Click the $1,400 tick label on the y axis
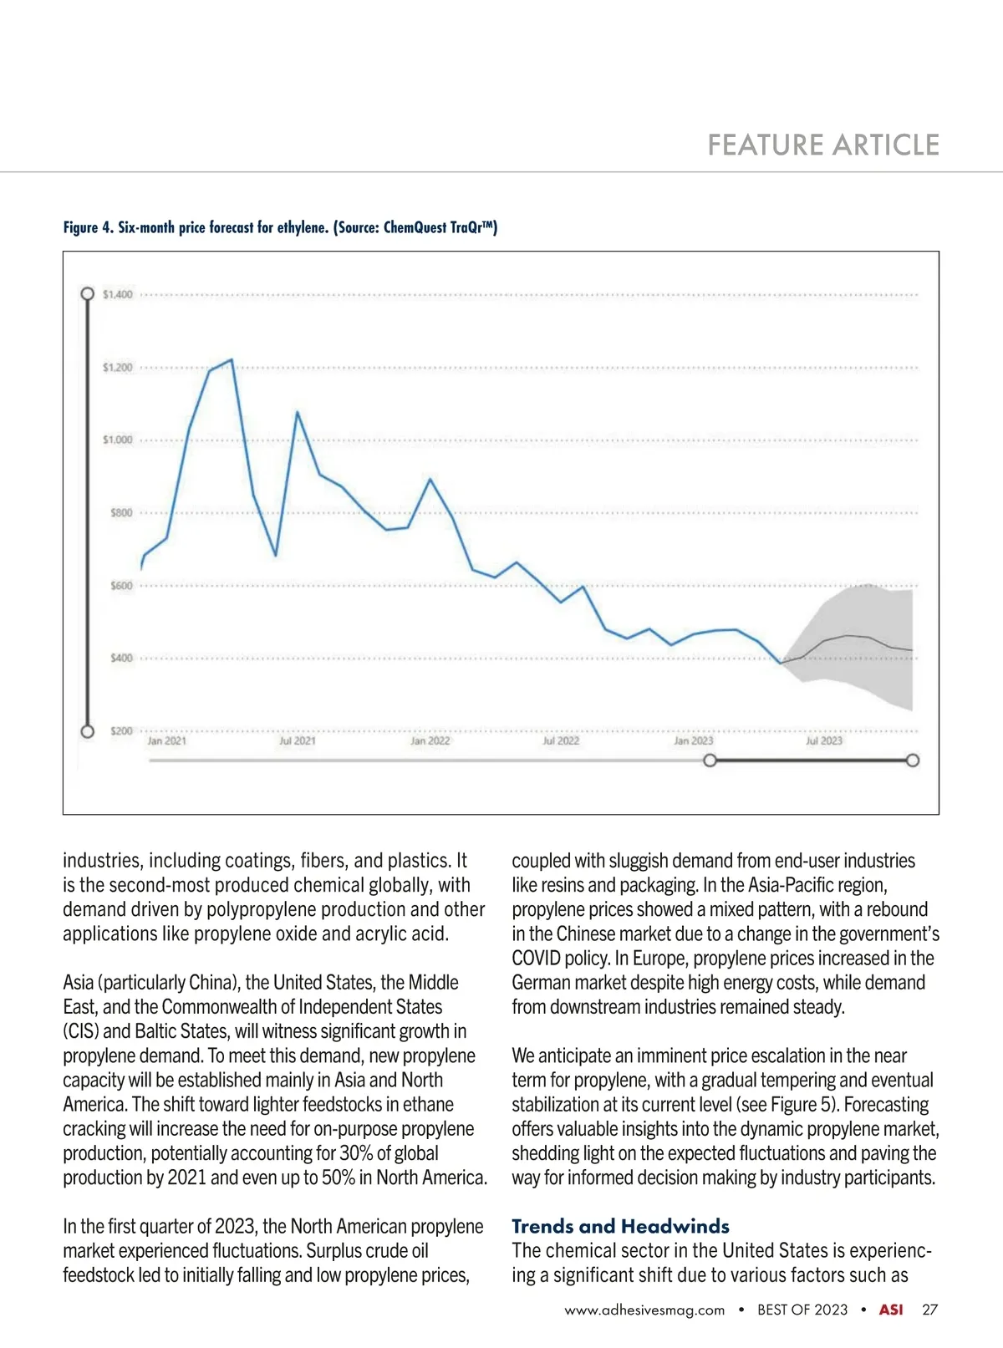117,294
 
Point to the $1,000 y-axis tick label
117,440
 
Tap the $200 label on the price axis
121,731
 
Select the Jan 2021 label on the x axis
166,741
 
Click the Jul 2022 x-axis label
561,741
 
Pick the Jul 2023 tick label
824,741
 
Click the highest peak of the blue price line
232,360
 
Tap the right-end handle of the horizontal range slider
913,760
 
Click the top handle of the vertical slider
87,294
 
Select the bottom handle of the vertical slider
87,732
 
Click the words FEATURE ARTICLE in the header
823,145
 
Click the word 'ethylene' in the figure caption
301,227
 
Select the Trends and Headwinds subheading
620,1227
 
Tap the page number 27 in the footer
929,1310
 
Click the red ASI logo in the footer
891,1310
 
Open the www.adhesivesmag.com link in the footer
644,1310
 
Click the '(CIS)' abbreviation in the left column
80,1031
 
